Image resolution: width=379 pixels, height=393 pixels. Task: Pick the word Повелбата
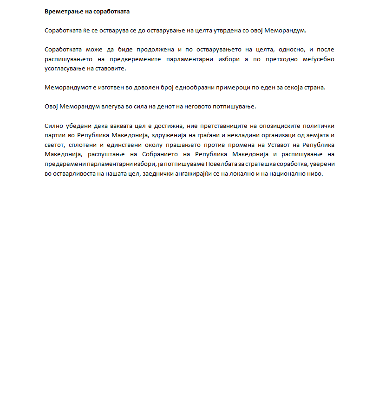tap(232, 164)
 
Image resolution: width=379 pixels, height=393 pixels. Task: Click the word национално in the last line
tap(288, 174)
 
